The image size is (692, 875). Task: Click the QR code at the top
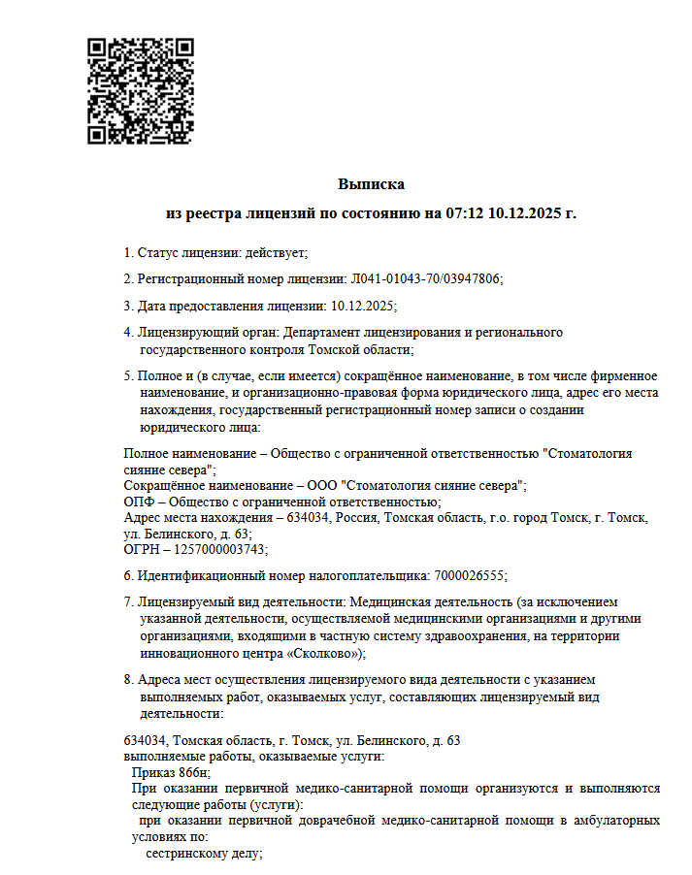click(x=141, y=90)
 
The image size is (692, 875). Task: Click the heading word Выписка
click(x=371, y=184)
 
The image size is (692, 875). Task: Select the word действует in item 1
click(x=276, y=253)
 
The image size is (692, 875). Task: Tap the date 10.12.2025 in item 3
click(x=363, y=306)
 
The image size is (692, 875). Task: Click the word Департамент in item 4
click(x=317, y=333)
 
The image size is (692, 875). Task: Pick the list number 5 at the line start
click(x=128, y=375)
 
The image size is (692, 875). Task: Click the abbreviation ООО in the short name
click(x=324, y=484)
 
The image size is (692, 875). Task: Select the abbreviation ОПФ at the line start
click(x=139, y=501)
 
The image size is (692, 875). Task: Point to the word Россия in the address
click(x=357, y=518)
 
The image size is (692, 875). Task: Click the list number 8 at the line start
click(x=128, y=680)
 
